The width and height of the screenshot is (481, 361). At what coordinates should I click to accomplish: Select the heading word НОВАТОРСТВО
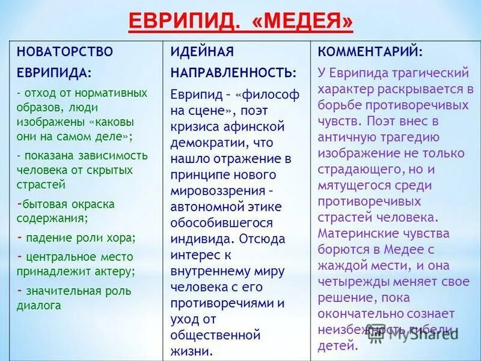(x=64, y=51)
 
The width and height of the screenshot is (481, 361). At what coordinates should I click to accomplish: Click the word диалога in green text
(x=39, y=305)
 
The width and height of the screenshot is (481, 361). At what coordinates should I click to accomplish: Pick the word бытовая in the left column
(x=41, y=204)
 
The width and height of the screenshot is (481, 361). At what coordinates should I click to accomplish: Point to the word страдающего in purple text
(x=354, y=169)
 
